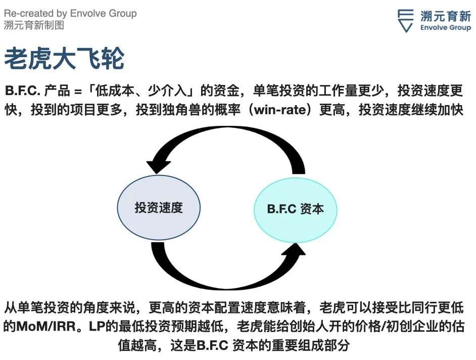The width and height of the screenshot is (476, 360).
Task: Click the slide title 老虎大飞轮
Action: tap(64, 58)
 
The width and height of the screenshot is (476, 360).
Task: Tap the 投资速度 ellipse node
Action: tap(159, 208)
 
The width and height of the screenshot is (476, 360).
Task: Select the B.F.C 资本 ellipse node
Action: tap(296, 210)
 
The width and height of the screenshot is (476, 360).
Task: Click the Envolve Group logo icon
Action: tap(406, 21)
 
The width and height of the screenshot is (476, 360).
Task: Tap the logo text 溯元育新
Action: tap(445, 16)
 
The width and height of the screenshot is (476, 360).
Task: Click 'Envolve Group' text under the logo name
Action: tap(445, 28)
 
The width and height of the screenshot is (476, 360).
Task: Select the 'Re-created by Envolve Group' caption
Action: tap(70, 13)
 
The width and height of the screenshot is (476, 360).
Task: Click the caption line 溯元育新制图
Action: tap(34, 25)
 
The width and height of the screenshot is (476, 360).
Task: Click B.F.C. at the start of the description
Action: tap(23, 91)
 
